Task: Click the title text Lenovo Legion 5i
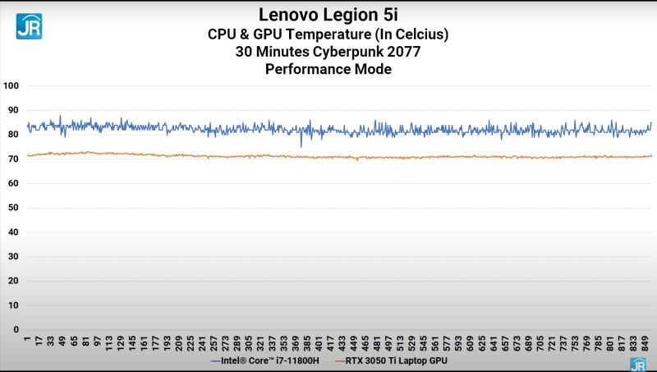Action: pyautogui.click(x=328, y=14)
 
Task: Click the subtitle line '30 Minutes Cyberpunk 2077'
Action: pyautogui.click(x=328, y=52)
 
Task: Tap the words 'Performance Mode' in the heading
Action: pyautogui.click(x=328, y=70)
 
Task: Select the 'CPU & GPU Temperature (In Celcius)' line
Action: pyautogui.click(x=328, y=34)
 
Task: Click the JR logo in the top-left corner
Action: pyautogui.click(x=29, y=26)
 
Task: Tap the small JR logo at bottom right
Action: pyautogui.click(x=637, y=364)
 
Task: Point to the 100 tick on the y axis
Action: pyautogui.click(x=11, y=85)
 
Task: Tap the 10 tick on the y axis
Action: pyautogui.click(x=13, y=305)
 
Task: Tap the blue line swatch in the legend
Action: pyautogui.click(x=216, y=360)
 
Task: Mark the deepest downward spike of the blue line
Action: pyautogui.click(x=301, y=146)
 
